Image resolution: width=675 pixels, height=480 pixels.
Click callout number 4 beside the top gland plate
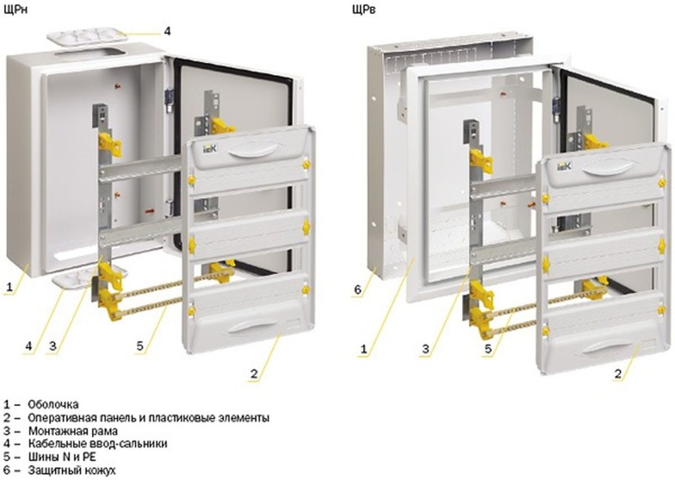pos(168,30)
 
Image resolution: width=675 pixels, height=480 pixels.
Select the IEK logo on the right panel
pos(563,168)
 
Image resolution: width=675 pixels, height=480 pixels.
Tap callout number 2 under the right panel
pos(617,374)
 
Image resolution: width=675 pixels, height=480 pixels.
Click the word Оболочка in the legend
pos(53,404)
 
